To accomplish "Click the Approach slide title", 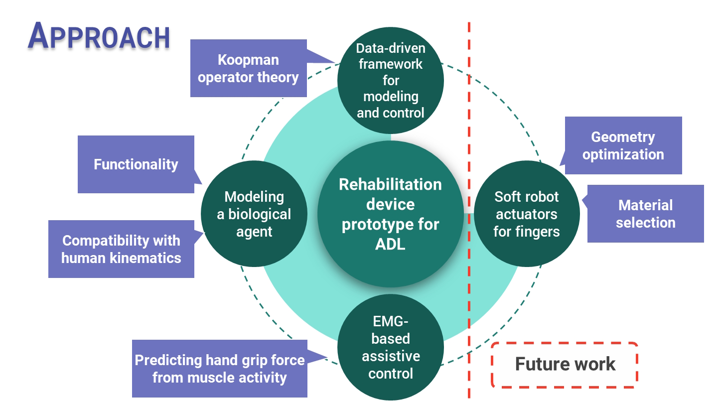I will [x=99, y=36].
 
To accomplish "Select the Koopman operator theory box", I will [x=248, y=69].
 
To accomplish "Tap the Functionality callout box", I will [x=136, y=164].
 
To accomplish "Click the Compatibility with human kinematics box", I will [x=121, y=249].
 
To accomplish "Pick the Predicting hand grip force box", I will [x=219, y=369].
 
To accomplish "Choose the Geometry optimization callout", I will [x=623, y=145].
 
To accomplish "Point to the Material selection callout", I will [x=645, y=214].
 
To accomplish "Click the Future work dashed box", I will [x=565, y=365].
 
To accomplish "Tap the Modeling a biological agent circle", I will [x=254, y=214].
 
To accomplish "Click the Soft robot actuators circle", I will [x=527, y=214].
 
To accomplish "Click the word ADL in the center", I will [x=390, y=245].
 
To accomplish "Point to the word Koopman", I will [x=248, y=60].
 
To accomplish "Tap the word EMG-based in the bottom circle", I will [x=391, y=330].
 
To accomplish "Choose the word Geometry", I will [x=623, y=137].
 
